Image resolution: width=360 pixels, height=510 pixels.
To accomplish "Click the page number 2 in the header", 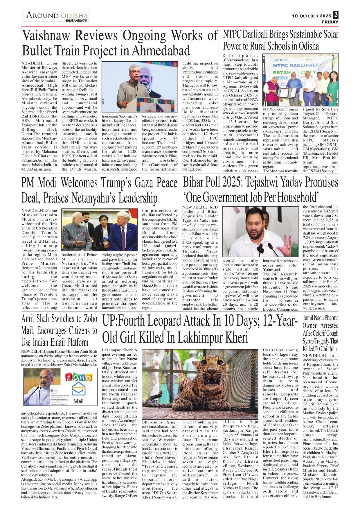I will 336,15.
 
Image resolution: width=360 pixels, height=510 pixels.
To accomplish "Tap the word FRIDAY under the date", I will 330,22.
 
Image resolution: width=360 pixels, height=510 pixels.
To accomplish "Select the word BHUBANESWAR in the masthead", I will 77,21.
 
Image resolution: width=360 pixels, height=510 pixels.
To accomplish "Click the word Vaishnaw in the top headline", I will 46,36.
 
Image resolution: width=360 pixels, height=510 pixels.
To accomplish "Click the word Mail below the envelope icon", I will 78,401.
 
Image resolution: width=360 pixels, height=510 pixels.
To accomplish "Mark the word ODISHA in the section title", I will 75,15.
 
